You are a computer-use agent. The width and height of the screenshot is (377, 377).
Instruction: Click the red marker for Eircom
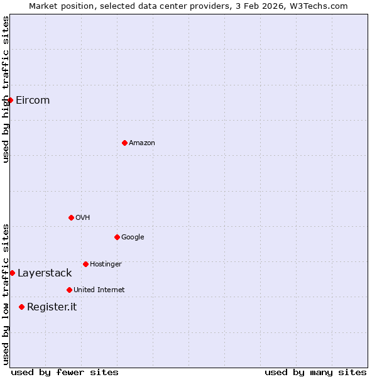pos(10,100)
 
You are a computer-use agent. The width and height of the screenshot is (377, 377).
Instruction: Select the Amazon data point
pos(124,143)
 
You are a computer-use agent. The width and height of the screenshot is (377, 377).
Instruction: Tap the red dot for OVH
pos(71,217)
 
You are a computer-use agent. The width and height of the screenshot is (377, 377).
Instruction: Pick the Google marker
pos(117,237)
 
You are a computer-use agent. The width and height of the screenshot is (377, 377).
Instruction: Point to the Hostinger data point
pos(85,264)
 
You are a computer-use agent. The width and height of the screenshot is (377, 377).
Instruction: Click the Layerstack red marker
pos(12,273)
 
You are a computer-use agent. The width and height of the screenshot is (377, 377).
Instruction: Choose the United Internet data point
pos(69,290)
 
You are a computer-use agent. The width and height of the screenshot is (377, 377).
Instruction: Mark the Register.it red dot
pos(21,307)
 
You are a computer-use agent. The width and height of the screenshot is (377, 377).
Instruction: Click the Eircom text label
pos(33,100)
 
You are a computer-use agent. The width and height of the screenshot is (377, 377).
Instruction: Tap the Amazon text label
pos(142,143)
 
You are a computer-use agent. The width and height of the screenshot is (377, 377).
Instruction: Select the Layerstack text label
pos(45,273)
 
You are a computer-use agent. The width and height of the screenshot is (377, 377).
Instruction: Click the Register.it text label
pos(52,307)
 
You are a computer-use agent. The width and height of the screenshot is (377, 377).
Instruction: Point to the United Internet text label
pos(99,290)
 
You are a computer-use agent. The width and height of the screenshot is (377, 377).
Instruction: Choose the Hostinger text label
pos(106,264)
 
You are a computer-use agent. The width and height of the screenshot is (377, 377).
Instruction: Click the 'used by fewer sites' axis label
pos(65,372)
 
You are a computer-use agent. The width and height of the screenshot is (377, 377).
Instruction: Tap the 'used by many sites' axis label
pos(315,372)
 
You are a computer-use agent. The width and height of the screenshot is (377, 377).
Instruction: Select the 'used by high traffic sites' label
pos(6,89)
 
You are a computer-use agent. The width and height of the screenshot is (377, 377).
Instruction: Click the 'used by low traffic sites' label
pos(6,293)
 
